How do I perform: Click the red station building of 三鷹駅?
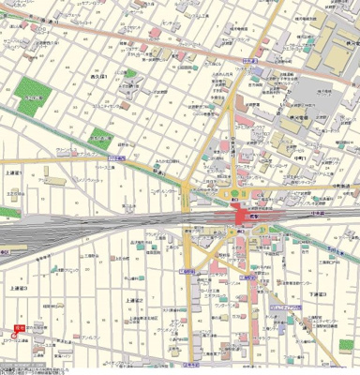246,217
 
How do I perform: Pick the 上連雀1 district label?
13,173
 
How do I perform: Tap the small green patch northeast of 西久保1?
130,74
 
